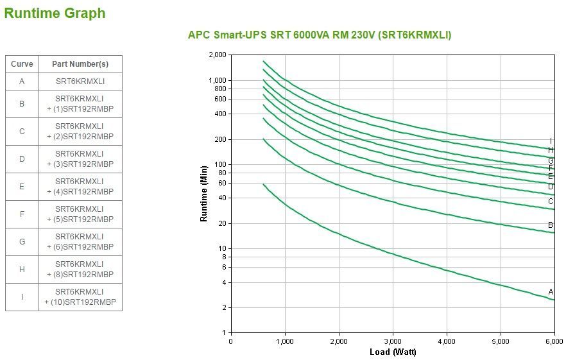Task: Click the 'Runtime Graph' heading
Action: click(55, 13)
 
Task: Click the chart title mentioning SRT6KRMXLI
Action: click(319, 35)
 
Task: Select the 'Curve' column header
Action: click(22, 64)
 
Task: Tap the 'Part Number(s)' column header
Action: click(80, 64)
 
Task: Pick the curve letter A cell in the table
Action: click(22, 81)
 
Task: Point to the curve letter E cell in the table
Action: click(22, 187)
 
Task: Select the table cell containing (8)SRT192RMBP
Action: click(80, 270)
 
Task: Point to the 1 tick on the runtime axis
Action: click(225, 332)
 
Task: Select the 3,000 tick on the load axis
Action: click(393, 341)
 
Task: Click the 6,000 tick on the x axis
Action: click(554, 341)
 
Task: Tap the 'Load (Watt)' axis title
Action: click(393, 352)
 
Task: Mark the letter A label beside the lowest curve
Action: click(551, 291)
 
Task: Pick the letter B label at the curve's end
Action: click(551, 225)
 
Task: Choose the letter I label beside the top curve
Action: click(551, 141)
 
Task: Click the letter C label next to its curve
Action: click(551, 201)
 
